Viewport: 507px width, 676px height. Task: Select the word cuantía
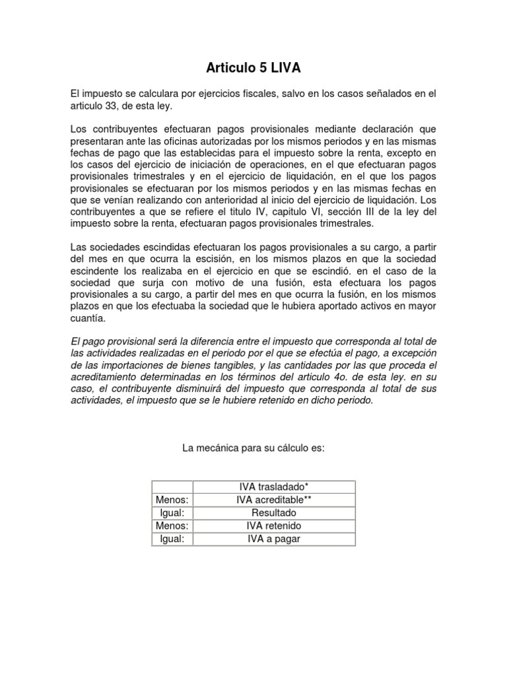pos(87,318)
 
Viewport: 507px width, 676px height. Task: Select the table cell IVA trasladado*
pos(273,487)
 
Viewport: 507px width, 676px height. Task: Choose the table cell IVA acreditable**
pos(273,500)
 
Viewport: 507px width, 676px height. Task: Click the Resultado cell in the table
pos(273,513)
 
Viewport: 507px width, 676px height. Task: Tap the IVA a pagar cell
pos(273,539)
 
